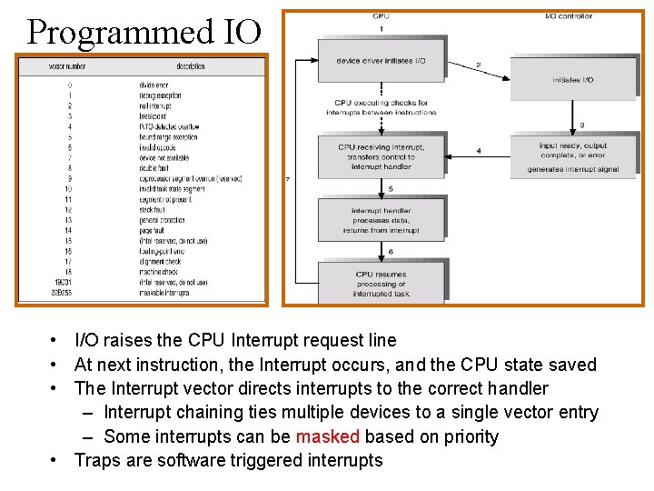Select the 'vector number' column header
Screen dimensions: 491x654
tap(68, 66)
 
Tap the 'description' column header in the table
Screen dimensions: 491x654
tap(191, 66)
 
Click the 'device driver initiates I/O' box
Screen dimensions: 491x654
tap(381, 61)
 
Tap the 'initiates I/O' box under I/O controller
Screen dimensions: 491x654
tap(572, 80)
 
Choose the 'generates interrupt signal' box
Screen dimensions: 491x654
tap(572, 157)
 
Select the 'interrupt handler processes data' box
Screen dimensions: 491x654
tap(381, 220)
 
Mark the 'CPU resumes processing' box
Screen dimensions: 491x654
tap(381, 284)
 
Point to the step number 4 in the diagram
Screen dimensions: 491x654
tap(478, 150)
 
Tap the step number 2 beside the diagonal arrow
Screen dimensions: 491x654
tap(479, 65)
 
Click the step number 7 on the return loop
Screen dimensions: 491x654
tap(287, 180)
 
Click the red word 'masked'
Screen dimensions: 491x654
tap(328, 436)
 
